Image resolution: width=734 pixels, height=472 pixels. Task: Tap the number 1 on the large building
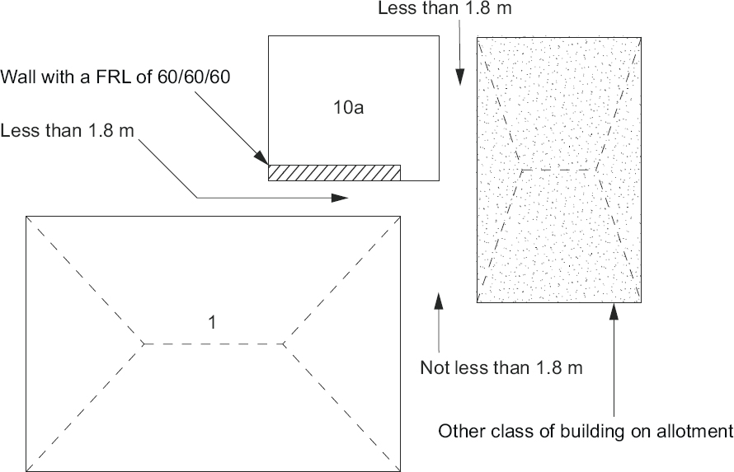tap(212, 323)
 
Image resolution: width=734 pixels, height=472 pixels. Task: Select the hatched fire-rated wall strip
tap(334, 171)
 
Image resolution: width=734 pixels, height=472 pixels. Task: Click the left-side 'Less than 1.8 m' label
tap(68, 131)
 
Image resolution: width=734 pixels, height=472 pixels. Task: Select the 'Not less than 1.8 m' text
tap(501, 367)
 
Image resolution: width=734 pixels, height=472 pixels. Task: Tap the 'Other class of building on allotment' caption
tap(586, 430)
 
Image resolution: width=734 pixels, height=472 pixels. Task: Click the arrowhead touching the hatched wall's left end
tap(263, 159)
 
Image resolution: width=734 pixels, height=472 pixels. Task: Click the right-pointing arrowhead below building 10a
tap(341, 198)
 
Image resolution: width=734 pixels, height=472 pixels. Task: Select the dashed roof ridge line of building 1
tap(214, 343)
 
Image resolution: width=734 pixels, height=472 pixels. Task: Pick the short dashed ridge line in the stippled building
tap(558, 170)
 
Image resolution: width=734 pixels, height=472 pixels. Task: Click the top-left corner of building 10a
tap(269, 37)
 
